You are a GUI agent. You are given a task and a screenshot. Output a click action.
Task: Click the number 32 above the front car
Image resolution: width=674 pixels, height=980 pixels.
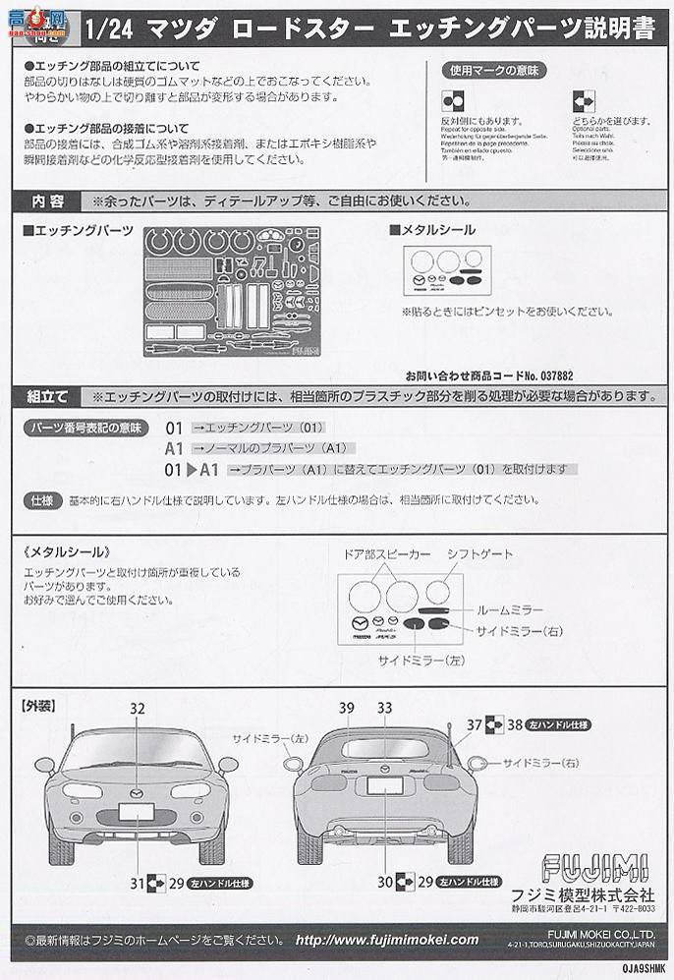pyautogui.click(x=137, y=708)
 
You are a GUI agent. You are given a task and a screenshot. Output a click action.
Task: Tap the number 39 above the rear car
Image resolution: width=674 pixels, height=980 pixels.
pyautogui.click(x=347, y=708)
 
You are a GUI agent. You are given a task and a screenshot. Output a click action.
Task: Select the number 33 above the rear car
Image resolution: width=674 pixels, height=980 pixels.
pyautogui.click(x=384, y=708)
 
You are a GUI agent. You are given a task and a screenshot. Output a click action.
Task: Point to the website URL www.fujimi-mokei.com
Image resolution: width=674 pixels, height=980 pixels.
pyautogui.click(x=387, y=940)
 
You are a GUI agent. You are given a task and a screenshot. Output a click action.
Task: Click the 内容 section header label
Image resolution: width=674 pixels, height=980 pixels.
pyautogui.click(x=47, y=201)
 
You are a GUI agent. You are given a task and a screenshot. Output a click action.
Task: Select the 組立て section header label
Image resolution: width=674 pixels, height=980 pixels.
pyautogui.click(x=47, y=396)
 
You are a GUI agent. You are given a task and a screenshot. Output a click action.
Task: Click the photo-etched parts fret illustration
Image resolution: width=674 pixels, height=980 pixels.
pyautogui.click(x=231, y=291)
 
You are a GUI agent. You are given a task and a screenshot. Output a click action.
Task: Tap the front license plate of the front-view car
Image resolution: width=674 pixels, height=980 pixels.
pyautogui.click(x=136, y=812)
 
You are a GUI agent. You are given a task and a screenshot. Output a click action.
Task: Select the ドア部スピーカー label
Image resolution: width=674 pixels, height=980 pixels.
pyautogui.click(x=386, y=554)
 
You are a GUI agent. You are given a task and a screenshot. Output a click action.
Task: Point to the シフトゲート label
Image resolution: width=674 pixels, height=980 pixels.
pyautogui.click(x=479, y=554)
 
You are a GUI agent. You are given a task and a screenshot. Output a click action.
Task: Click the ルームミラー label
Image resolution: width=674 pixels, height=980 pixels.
pyautogui.click(x=511, y=609)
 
